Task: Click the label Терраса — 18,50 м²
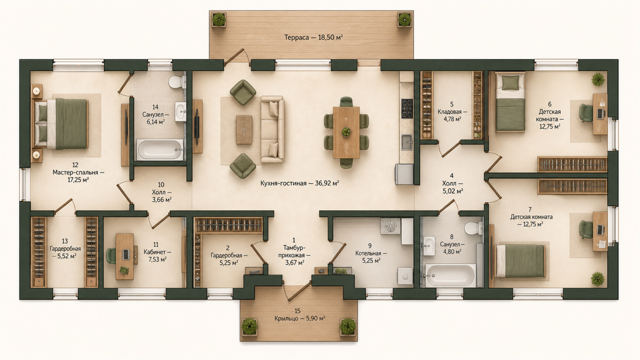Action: coord(314,37)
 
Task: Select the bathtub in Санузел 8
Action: coord(451,276)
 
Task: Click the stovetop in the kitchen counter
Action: coord(407,109)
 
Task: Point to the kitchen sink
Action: coord(407,142)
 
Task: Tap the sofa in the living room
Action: coord(273,130)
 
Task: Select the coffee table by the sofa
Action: coord(244,130)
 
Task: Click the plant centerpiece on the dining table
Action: coord(346,132)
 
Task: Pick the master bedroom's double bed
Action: coord(61,124)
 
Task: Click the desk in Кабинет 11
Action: coord(125,257)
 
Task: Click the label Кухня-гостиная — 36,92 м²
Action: coord(300,183)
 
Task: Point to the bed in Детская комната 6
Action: coord(510,102)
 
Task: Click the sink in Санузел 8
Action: coord(429,246)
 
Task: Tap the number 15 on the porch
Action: coord(298,311)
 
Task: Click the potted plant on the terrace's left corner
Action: coord(219,19)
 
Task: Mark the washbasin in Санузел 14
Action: coord(181,112)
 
